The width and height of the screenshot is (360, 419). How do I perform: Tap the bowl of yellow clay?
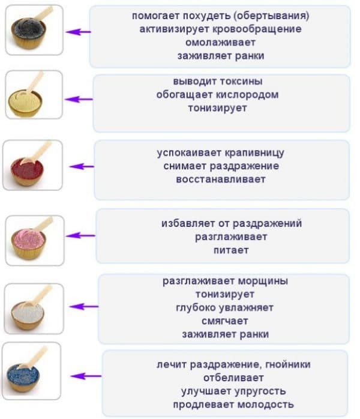click(25, 103)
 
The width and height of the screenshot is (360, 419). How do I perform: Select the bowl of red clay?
click(27, 171)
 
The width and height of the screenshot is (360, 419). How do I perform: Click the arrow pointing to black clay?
click(78, 32)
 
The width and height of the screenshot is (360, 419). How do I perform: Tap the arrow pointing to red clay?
click(82, 166)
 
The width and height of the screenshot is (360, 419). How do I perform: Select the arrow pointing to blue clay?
click(86, 376)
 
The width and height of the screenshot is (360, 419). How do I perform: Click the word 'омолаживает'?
click(220, 42)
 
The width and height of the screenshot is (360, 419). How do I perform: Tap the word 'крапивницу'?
click(254, 153)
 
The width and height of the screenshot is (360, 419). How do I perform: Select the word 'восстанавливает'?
click(221, 179)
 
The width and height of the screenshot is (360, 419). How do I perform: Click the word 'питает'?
click(231, 250)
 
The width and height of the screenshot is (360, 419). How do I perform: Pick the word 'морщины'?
click(263, 281)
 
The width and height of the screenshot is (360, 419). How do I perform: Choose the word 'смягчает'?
click(224, 321)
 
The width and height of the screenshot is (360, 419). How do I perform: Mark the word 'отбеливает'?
click(233, 378)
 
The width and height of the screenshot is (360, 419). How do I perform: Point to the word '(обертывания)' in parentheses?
click(271, 16)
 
